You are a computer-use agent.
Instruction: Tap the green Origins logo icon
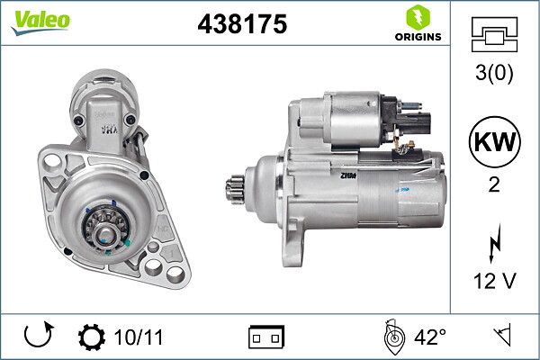416,18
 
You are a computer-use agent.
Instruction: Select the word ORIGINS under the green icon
416,38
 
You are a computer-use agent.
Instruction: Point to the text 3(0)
495,75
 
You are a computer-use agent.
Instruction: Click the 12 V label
495,281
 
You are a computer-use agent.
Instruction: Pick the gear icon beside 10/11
91,338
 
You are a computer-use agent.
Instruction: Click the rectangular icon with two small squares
265,338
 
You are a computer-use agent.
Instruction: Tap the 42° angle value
431,338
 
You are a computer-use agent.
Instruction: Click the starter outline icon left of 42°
393,337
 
